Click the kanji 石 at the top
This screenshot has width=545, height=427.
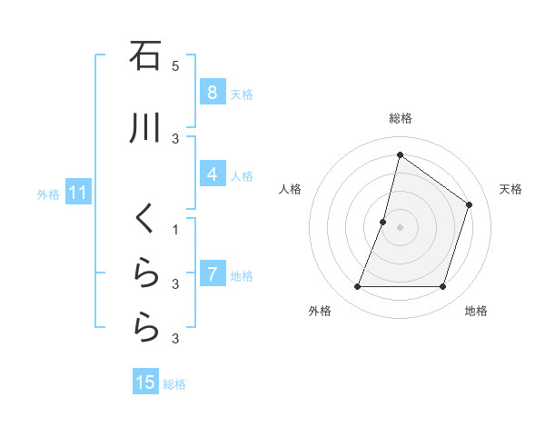[x=145, y=56]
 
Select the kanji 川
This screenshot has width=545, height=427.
[x=145, y=129]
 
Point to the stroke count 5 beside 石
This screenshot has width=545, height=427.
[x=175, y=65]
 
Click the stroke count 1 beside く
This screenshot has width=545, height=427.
[x=175, y=229]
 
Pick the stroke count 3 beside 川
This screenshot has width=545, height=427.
[x=175, y=138]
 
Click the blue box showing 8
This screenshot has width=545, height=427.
[x=212, y=92]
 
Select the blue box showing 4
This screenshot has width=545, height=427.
[x=212, y=174]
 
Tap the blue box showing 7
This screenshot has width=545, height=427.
[x=212, y=273]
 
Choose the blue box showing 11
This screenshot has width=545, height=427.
[x=77, y=193]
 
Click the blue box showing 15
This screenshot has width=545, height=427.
[x=145, y=382]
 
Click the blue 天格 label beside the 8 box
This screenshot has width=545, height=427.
[x=242, y=94]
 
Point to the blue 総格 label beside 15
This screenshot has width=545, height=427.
[x=174, y=384]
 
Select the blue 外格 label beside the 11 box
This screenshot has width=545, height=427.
[x=48, y=194]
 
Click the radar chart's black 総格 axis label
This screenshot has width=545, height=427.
[x=400, y=118]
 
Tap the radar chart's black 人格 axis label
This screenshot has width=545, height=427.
[x=290, y=189]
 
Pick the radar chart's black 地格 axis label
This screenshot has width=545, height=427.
[x=476, y=311]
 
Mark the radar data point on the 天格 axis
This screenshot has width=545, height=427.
[x=470, y=204]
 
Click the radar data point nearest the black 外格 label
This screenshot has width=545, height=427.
[x=357, y=286]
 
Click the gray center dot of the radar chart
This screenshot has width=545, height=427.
[x=400, y=227]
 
